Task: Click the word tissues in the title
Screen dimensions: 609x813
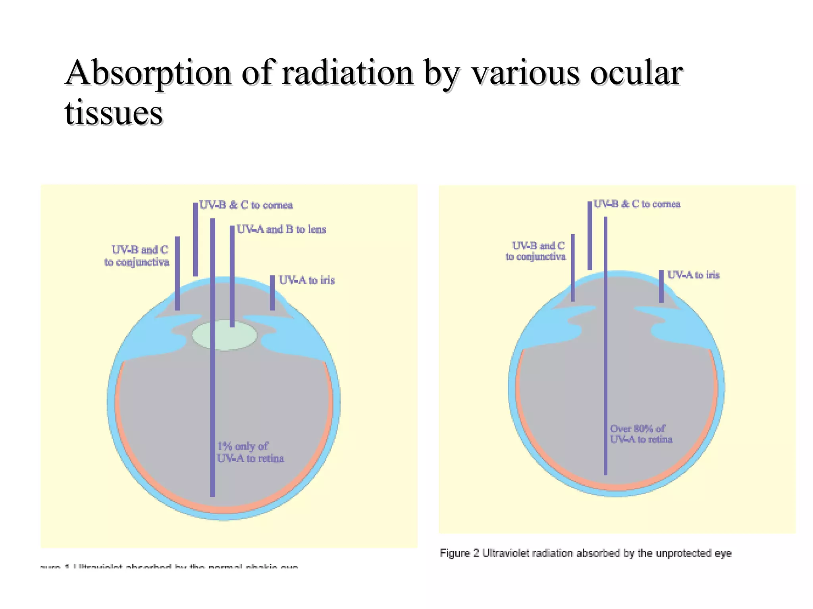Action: click(x=114, y=113)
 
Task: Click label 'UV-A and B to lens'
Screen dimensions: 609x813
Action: click(x=281, y=230)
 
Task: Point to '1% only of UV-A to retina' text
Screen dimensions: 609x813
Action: click(x=250, y=452)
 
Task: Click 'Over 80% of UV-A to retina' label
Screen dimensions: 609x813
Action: click(x=641, y=434)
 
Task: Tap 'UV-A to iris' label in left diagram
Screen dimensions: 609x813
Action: click(x=306, y=280)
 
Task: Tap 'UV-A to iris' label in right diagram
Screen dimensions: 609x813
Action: click(x=693, y=275)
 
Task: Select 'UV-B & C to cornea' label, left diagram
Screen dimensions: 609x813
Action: click(x=246, y=205)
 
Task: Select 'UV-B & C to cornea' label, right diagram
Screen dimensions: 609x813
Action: click(x=637, y=204)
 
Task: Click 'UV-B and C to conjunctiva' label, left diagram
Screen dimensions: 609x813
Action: click(x=137, y=256)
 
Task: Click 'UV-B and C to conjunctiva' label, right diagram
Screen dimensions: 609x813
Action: click(x=536, y=251)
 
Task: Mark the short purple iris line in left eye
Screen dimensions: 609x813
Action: click(x=272, y=293)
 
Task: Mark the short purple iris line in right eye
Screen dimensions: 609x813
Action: click(x=661, y=286)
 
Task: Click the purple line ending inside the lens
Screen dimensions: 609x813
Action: click(x=232, y=278)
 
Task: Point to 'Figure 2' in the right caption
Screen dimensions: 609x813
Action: click(x=459, y=553)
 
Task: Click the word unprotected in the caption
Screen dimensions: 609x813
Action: click(x=684, y=553)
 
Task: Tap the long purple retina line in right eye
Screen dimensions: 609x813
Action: click(x=605, y=357)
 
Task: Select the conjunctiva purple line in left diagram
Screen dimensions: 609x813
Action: click(x=177, y=274)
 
